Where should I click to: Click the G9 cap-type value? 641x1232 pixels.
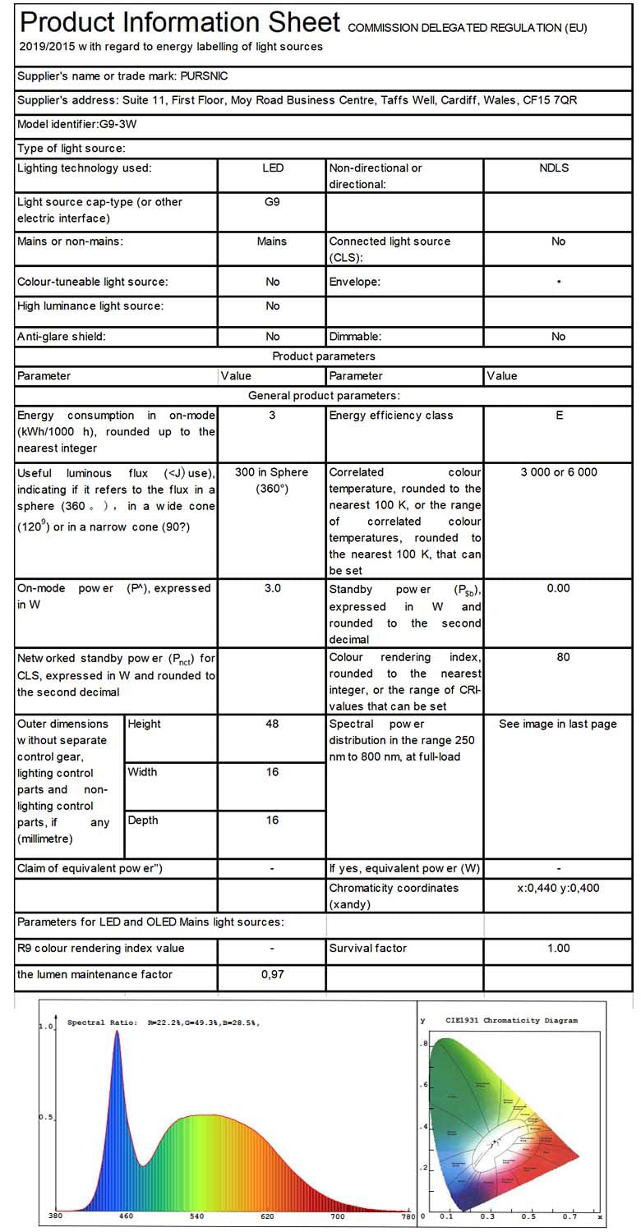[x=272, y=201]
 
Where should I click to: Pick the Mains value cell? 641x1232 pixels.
[x=272, y=241]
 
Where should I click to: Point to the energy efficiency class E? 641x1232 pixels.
[x=559, y=416]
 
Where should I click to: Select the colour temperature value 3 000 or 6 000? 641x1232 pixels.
[x=559, y=472]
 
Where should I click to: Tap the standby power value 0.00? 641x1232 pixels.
[x=559, y=589]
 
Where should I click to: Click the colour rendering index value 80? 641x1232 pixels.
[x=562, y=657]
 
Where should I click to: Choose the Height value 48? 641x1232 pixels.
[x=272, y=724]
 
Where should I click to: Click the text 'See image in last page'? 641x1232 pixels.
[x=558, y=724]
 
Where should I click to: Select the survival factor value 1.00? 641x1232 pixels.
[x=558, y=949]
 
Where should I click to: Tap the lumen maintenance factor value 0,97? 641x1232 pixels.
[x=272, y=975]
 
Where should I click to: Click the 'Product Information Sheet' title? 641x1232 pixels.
[x=179, y=22]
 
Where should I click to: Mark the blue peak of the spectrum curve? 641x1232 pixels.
[x=117, y=1032]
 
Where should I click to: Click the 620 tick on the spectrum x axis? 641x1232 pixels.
[x=267, y=1216]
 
